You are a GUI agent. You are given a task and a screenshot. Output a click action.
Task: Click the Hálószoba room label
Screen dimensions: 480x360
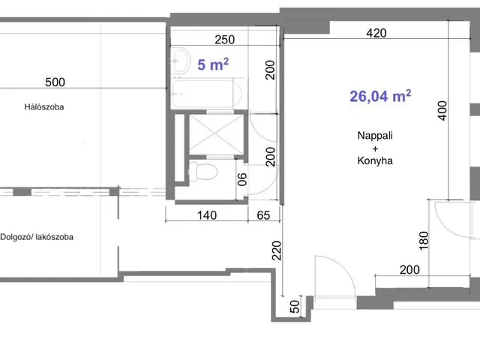[x=44, y=106]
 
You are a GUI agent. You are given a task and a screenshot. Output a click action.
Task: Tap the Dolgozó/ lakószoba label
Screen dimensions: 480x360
[x=37, y=237]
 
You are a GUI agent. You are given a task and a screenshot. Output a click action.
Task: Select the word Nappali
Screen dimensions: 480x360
[x=375, y=135]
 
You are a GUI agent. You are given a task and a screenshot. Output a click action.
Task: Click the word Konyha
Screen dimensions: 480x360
[x=375, y=160]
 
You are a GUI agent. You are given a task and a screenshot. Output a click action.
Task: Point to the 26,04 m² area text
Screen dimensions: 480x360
[x=380, y=96]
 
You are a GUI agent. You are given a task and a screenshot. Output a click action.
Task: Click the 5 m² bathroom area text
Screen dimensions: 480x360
[x=213, y=64]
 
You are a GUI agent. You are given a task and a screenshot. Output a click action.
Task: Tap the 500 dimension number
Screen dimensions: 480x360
[x=55, y=82]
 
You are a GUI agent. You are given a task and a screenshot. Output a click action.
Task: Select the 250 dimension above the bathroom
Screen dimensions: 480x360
[x=225, y=40]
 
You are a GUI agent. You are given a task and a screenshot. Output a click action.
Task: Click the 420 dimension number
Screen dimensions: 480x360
[x=376, y=33]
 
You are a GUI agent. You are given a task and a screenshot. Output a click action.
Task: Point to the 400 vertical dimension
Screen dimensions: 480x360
[x=442, y=111]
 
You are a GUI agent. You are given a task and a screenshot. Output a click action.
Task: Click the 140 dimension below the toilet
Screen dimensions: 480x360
[x=207, y=215]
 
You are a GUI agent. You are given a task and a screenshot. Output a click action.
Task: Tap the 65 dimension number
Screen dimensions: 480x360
[x=263, y=215]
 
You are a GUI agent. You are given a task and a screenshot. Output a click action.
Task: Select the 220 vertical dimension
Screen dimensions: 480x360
[x=277, y=250]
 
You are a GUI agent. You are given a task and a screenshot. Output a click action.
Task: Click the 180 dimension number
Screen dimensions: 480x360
[x=423, y=241]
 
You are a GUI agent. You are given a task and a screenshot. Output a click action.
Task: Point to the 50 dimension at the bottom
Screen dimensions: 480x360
[x=295, y=307]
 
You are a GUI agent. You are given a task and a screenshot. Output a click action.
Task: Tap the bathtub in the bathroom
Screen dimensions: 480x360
[x=207, y=93]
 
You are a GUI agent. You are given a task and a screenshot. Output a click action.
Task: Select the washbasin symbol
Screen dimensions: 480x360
[x=180, y=61]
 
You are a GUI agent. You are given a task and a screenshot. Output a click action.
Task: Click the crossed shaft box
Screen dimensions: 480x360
[x=216, y=134]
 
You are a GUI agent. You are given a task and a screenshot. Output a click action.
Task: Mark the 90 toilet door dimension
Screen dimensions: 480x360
[x=241, y=179]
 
